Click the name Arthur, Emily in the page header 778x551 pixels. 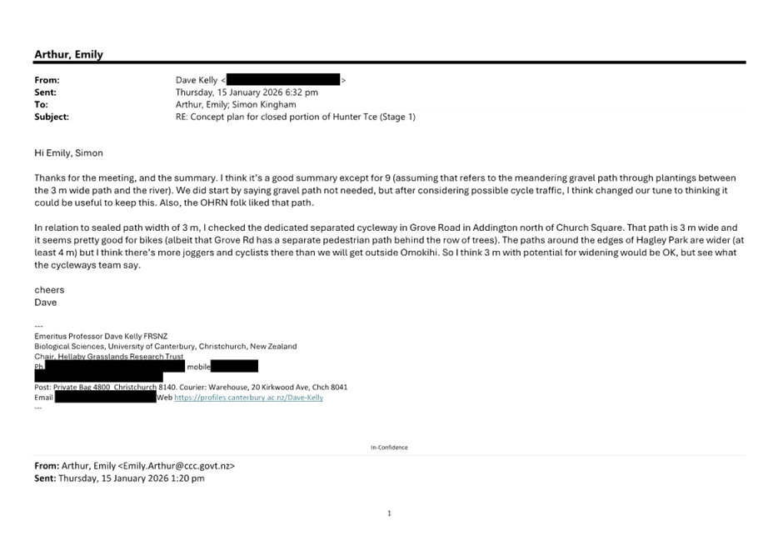pyautogui.click(x=68, y=55)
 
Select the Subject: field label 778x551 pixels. pyautogui.click(x=52, y=118)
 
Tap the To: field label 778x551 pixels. pyautogui.click(x=41, y=105)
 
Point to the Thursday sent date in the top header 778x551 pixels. pyautogui.click(x=247, y=93)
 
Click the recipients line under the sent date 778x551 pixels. pyautogui.click(x=236, y=105)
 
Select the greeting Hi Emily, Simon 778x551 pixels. pyautogui.click(x=69, y=153)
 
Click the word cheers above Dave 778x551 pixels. pyautogui.click(x=49, y=290)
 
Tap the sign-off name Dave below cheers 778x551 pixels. pyautogui.click(x=47, y=302)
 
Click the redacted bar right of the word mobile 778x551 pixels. pyautogui.click(x=235, y=367)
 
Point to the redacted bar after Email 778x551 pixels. pyautogui.click(x=105, y=398)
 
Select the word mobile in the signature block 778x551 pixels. pyautogui.click(x=198, y=367)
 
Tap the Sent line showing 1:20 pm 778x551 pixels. pyautogui.click(x=119, y=478)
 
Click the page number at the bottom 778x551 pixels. pyautogui.click(x=389, y=514)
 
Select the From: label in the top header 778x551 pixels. pyautogui.click(x=47, y=80)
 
